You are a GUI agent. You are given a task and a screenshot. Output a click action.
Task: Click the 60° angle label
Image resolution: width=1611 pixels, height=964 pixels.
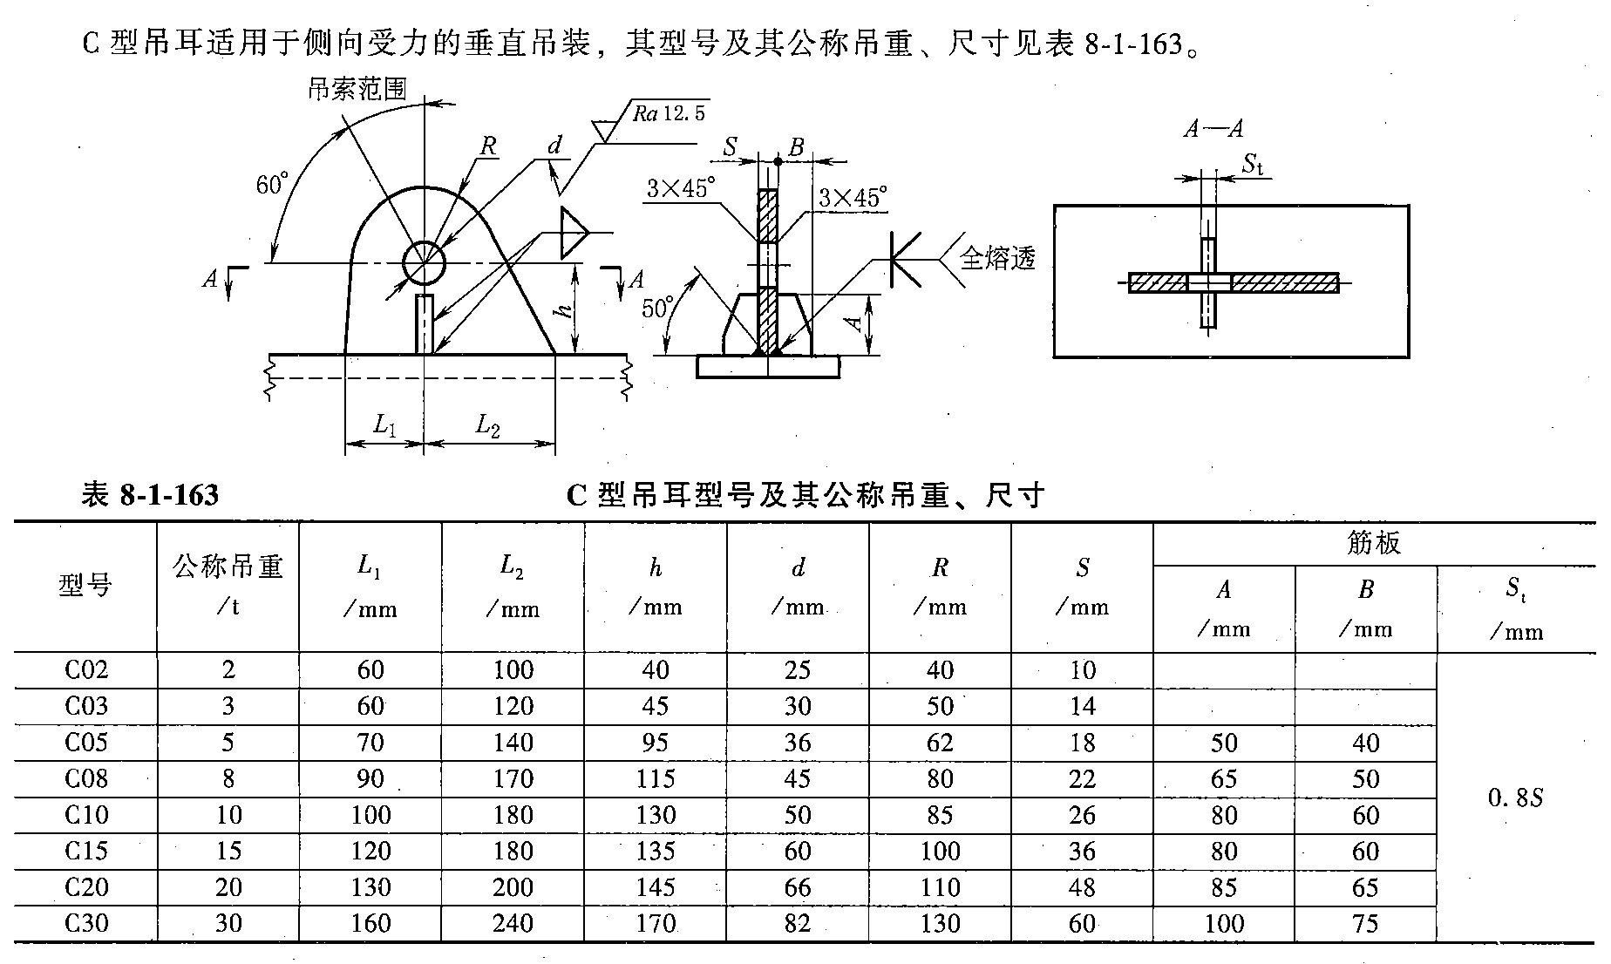click(272, 185)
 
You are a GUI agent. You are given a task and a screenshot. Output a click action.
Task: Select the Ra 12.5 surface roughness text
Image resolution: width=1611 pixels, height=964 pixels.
click(669, 113)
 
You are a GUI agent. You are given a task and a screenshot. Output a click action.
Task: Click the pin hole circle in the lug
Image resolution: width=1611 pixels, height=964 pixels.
click(424, 262)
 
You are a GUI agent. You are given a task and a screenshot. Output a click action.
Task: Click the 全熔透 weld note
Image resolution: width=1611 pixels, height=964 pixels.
click(997, 258)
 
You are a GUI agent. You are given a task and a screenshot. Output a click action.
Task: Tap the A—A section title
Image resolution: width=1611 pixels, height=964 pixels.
click(1213, 130)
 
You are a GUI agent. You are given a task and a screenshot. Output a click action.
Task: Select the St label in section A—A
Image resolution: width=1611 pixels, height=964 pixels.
click(1253, 163)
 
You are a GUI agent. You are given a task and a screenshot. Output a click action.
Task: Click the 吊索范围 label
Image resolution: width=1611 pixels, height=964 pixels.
click(357, 89)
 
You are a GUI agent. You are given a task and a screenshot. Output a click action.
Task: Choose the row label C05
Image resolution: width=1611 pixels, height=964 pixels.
click(86, 743)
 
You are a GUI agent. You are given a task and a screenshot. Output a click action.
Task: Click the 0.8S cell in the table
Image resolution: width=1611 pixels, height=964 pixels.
click(1516, 798)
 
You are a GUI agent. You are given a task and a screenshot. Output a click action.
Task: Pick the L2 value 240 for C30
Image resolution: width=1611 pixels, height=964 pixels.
click(513, 923)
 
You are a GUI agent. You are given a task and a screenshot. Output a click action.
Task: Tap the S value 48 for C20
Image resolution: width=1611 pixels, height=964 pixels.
click(1082, 887)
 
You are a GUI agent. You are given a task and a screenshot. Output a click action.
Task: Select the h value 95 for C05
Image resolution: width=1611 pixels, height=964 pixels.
click(655, 743)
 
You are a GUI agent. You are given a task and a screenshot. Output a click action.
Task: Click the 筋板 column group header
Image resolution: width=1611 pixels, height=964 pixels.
click(1373, 544)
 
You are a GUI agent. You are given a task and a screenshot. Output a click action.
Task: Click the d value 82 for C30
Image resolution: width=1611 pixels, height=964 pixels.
click(797, 923)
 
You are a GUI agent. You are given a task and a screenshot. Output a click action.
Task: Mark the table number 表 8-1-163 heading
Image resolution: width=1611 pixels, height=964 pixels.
click(150, 495)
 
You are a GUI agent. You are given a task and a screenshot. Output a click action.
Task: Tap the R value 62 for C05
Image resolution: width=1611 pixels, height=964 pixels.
click(940, 743)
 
